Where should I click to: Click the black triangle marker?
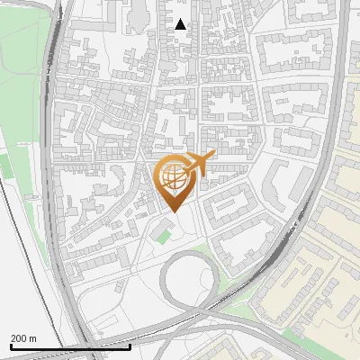point(181,24)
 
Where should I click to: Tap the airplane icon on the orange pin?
point(198,164)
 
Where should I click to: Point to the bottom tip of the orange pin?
point(175,212)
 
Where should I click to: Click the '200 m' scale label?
point(23,338)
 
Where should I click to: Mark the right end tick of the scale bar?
point(130,346)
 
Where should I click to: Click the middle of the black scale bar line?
point(69,346)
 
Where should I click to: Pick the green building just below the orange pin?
point(163,237)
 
